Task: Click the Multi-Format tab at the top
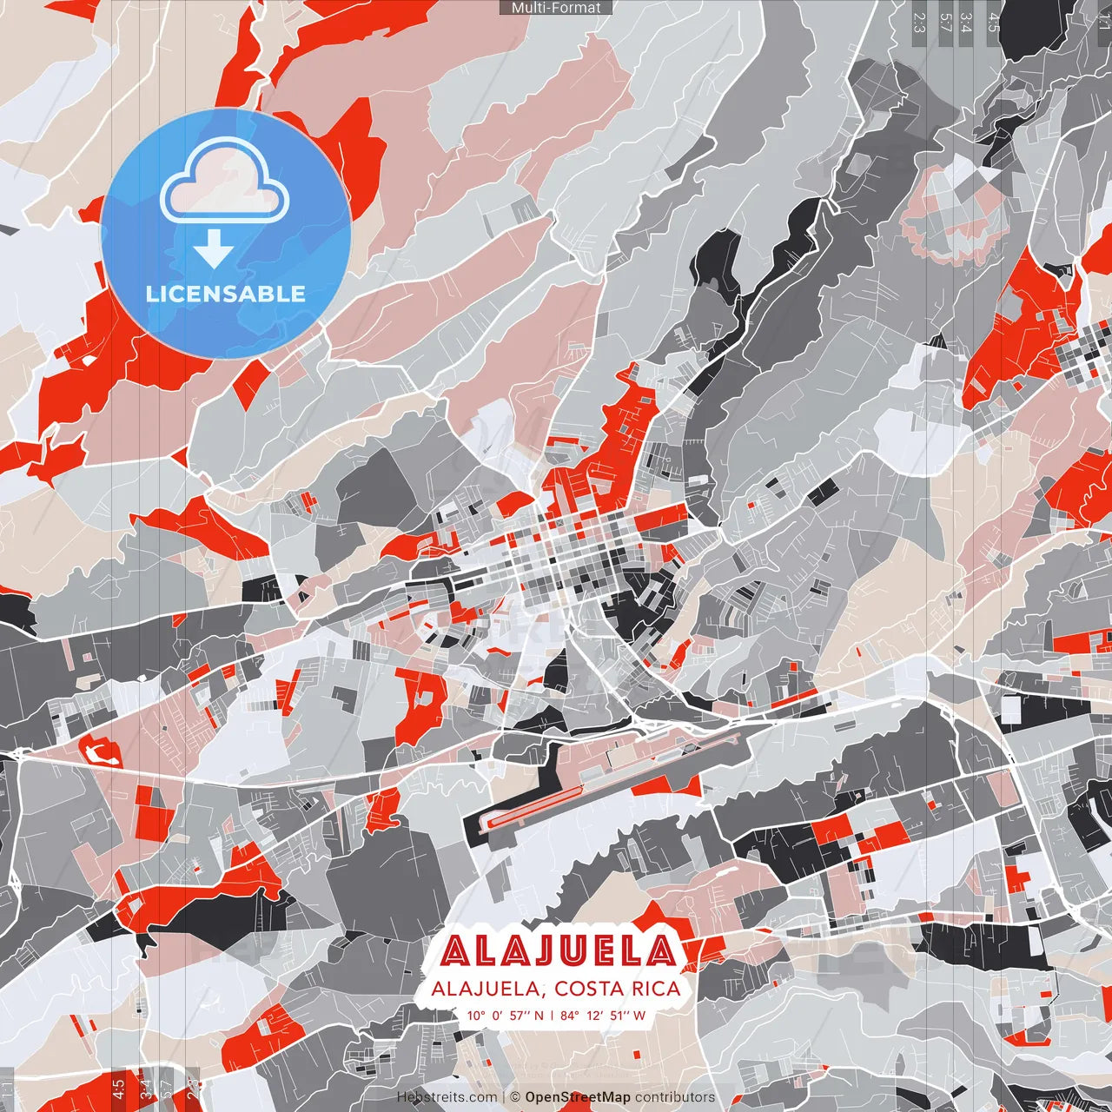(556, 8)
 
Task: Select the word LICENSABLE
(226, 294)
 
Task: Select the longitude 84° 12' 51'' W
(603, 1016)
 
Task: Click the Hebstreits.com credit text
(447, 1097)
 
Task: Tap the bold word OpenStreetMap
(578, 1097)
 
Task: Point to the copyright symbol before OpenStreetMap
(515, 1097)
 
